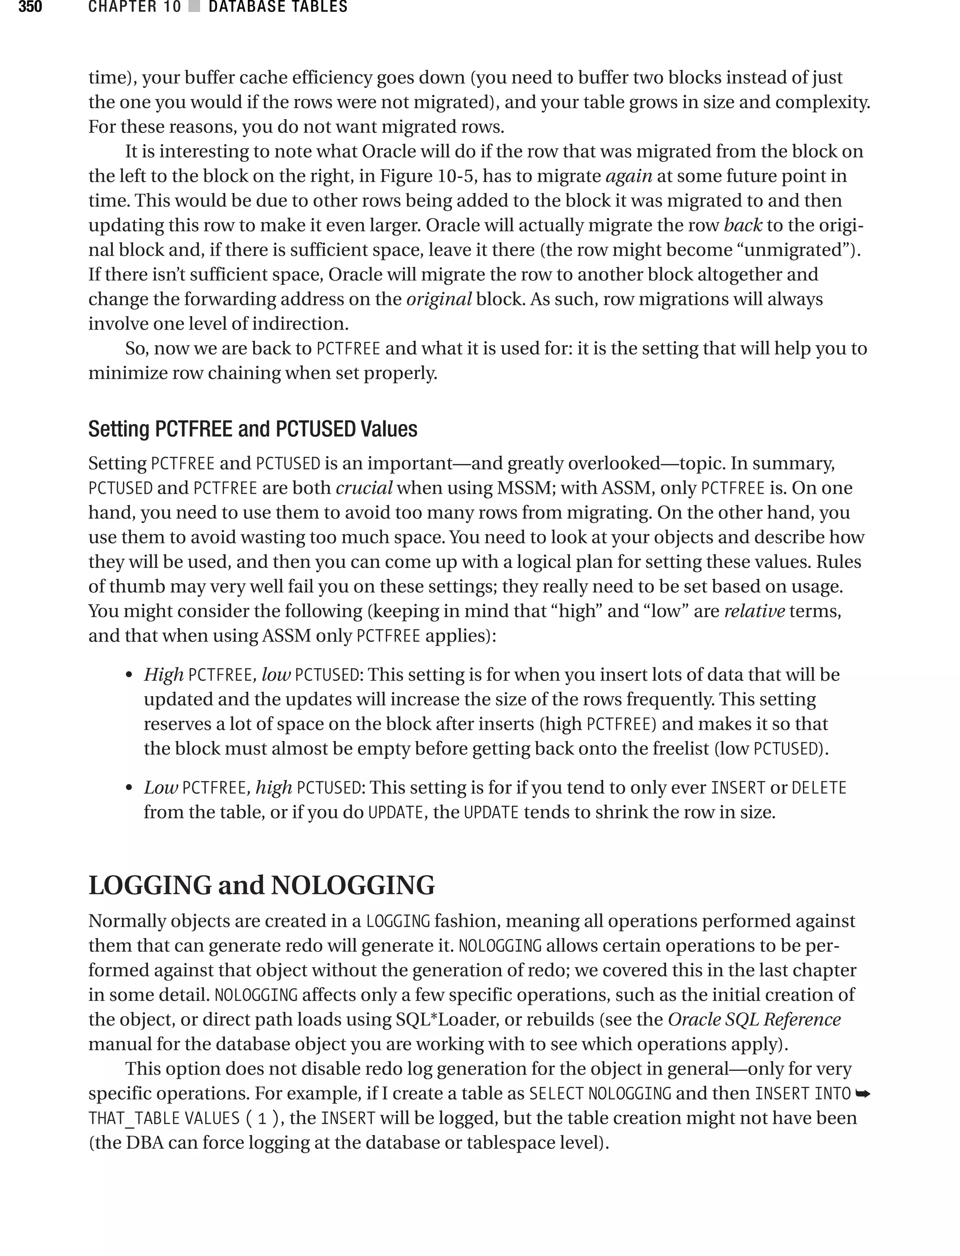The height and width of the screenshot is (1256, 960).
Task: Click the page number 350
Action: [30, 7]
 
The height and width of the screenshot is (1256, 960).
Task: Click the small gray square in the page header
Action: [194, 7]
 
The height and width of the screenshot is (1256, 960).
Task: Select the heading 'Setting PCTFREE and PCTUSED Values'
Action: [253, 429]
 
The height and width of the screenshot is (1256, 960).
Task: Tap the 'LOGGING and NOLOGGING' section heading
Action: [262, 885]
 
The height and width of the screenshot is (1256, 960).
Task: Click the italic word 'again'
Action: [629, 175]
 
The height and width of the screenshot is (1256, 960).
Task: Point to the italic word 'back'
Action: [742, 225]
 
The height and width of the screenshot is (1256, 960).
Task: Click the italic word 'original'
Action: [438, 299]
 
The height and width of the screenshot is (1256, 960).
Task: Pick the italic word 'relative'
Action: [754, 611]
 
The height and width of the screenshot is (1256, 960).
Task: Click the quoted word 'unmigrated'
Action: [791, 250]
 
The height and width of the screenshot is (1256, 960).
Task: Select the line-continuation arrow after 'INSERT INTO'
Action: [863, 1094]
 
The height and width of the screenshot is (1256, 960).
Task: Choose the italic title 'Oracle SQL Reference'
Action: [754, 1019]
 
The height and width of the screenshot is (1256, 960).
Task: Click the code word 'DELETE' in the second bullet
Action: [818, 788]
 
